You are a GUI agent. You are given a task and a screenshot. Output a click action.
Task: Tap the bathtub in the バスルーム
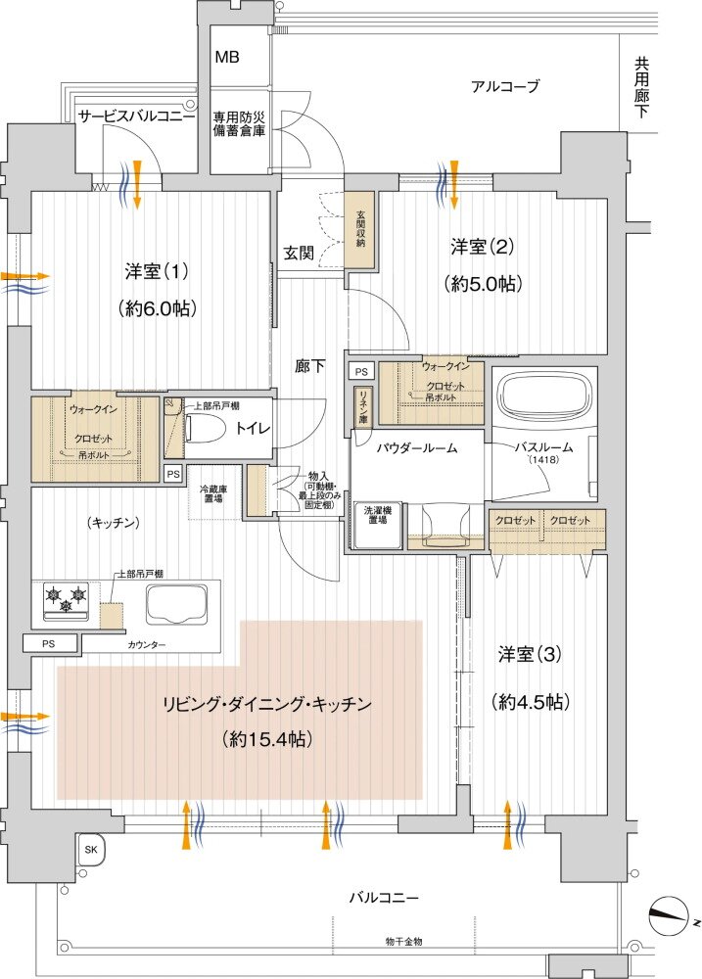543,396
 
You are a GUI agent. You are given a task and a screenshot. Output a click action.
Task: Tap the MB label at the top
227,55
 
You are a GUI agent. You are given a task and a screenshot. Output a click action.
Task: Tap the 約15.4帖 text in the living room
267,739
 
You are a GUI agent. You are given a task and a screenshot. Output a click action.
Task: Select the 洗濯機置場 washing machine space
379,516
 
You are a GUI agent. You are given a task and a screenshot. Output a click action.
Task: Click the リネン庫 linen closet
361,404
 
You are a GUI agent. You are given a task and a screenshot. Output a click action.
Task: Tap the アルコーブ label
504,86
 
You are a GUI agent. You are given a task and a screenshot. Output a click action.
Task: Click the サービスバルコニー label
136,116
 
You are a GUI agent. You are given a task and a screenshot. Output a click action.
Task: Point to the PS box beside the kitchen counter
48,643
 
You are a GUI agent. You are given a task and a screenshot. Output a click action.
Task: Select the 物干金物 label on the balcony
403,941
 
